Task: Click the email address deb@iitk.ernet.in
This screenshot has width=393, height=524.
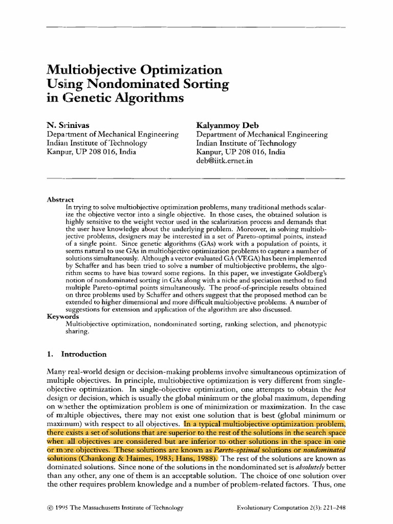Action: [225, 161]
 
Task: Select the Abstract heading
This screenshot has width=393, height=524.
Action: [60, 199]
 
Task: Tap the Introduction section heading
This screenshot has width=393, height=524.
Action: [84, 354]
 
